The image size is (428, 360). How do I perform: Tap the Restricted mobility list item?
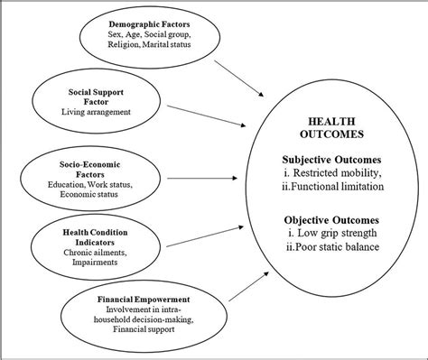336,172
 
